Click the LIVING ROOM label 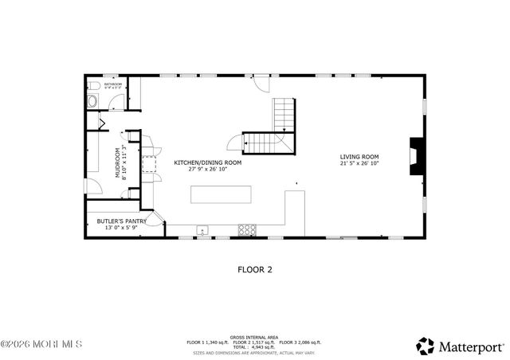pos(359,157)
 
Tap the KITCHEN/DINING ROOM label pos(208,162)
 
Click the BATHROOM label pos(113,84)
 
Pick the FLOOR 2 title pos(255,269)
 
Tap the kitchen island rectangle pos(221,195)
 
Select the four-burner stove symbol pos(248,229)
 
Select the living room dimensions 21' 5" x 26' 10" pos(359,164)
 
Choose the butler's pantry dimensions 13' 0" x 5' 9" pos(117,228)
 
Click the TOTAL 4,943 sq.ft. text pos(254,346)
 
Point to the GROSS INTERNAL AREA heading pos(253,336)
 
